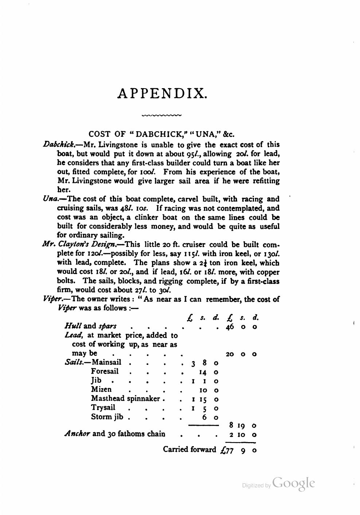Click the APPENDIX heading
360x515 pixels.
tap(163, 93)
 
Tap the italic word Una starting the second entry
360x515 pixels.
tap(50, 199)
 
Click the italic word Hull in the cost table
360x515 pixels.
tap(73, 327)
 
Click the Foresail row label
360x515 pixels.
tap(105, 371)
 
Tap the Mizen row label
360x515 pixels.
tap(101, 390)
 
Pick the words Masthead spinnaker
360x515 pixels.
tap(126, 399)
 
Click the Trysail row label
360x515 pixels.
tap(103, 408)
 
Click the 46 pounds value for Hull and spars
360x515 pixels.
tap(230, 327)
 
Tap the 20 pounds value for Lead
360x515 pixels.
tap(230, 354)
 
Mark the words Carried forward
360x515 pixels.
tap(189, 449)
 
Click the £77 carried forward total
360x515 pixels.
tap(227, 450)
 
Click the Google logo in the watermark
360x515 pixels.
tap(293, 483)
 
